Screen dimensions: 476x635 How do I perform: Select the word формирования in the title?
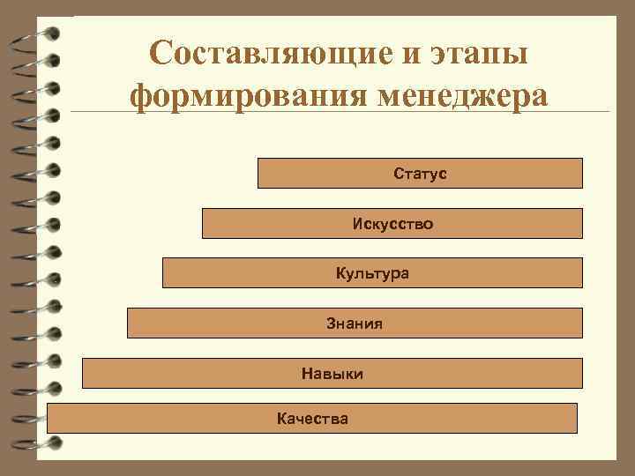[x=236, y=94]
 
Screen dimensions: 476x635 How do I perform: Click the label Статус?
[x=421, y=174]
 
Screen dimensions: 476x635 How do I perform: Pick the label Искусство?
[x=392, y=224]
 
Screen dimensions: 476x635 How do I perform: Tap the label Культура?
[x=372, y=273]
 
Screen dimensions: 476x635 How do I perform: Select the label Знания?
[x=355, y=324]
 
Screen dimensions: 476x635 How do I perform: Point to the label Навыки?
[x=332, y=374]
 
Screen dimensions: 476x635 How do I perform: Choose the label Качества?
[x=312, y=419]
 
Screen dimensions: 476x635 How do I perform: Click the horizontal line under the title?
[x=353, y=112]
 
